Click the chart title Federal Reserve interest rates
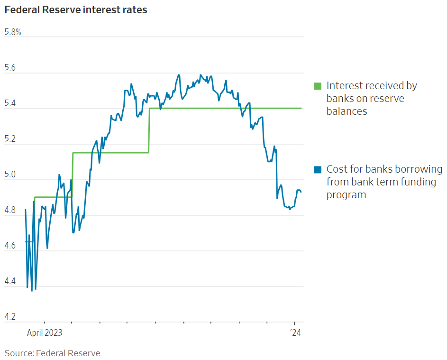point(76,10)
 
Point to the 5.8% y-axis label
point(13,32)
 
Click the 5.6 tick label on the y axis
point(10,68)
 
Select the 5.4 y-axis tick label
point(10,104)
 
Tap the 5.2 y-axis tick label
point(10,139)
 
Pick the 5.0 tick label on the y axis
point(10,175)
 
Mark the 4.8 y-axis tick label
point(10,211)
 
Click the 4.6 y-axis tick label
point(10,246)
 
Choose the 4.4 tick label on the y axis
point(10,282)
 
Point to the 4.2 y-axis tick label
point(10,317)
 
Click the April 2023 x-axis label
point(45,332)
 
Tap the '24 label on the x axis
point(295,332)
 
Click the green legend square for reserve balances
point(318,86)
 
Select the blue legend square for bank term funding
point(318,169)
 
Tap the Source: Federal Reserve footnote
point(53,353)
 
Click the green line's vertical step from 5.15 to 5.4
point(149,130)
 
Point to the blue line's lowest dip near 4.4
point(32,290)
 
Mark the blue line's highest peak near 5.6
point(179,74)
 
